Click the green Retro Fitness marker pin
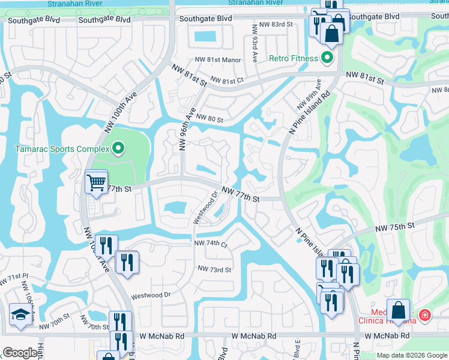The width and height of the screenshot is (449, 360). [x=327, y=58]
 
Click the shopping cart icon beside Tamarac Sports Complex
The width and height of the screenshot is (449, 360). [x=96, y=182]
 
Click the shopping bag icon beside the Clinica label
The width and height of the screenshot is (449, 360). [x=398, y=311]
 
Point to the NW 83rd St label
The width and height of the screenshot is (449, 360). [x=273, y=25]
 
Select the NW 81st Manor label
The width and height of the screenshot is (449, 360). [x=217, y=60]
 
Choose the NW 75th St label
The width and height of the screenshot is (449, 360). [x=395, y=228]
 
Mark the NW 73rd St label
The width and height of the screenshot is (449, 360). [x=214, y=270]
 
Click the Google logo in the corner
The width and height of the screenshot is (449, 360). [x=20, y=353]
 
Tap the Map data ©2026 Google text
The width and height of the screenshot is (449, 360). [x=412, y=355]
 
